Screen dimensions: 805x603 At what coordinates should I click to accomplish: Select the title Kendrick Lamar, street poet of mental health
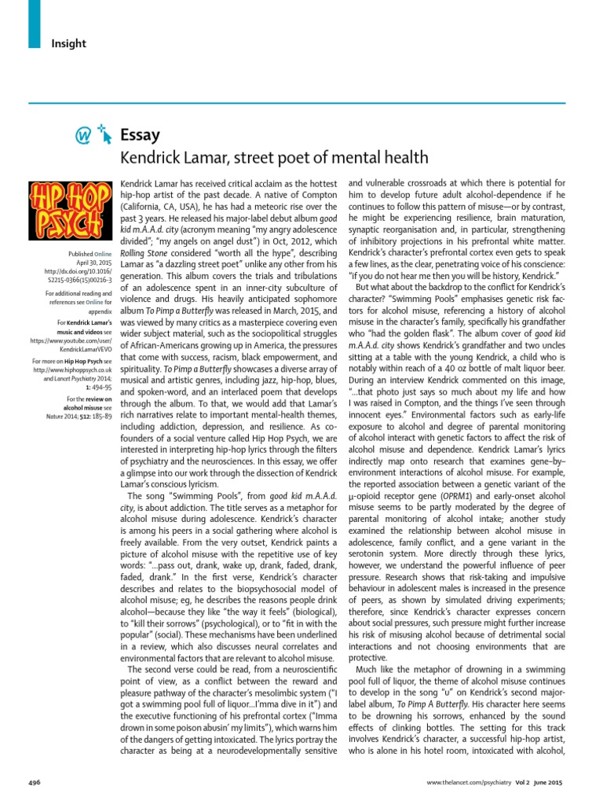click(273, 156)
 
